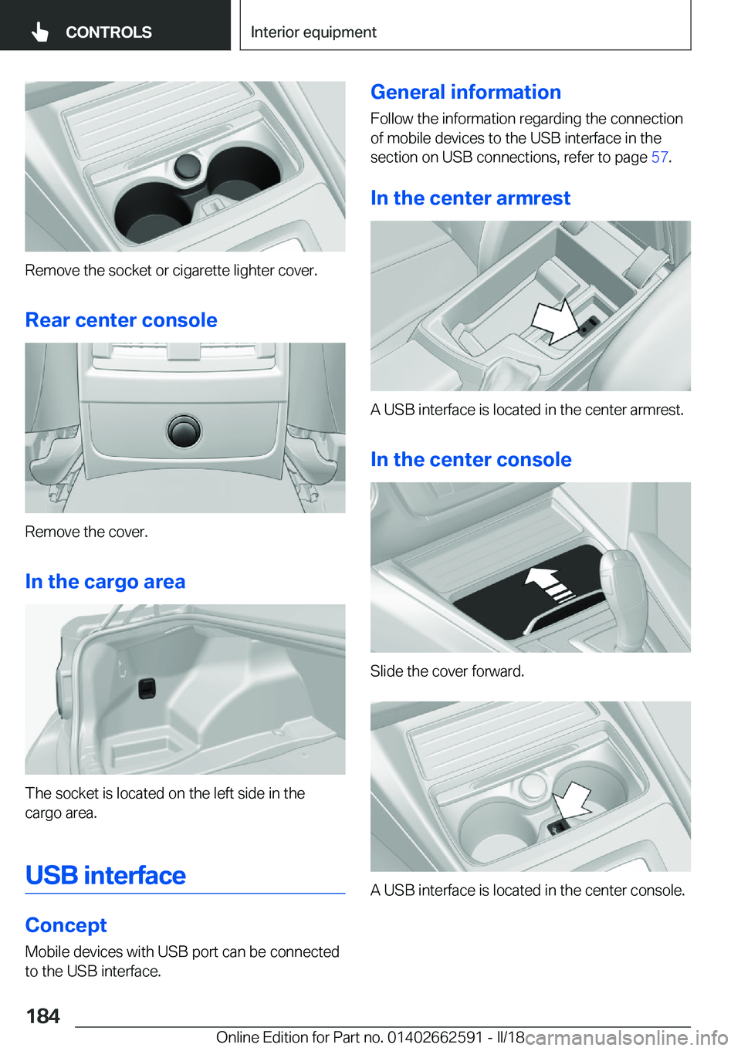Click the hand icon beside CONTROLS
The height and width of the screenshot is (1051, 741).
point(40,32)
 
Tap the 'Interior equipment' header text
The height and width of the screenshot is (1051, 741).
point(313,32)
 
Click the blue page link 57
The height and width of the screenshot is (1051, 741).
point(659,157)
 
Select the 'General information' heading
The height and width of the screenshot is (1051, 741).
point(465,93)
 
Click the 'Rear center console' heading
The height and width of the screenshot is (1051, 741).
point(121,320)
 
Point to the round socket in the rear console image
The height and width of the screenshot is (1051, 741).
point(184,431)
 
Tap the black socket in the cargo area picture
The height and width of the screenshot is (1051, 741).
point(147,688)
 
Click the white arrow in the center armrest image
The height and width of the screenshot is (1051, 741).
point(556,319)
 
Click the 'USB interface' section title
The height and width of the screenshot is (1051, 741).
point(106,876)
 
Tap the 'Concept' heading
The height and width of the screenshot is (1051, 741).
point(66,925)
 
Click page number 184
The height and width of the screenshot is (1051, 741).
point(43,1016)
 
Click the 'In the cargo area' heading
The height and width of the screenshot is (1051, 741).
point(106,582)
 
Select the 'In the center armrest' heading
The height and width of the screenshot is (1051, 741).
point(470,198)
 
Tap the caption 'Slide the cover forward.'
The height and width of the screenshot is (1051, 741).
point(447,671)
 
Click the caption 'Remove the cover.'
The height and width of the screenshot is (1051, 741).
point(86,532)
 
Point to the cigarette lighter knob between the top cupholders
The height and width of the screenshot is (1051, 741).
point(188,165)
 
